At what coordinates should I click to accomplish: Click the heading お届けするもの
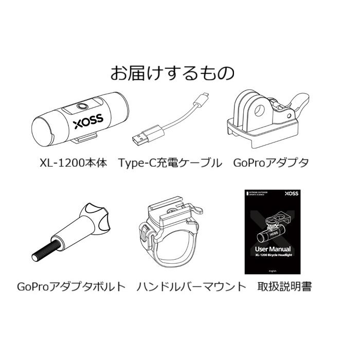coord(172,73)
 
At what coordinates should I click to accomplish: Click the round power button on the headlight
coord(81,107)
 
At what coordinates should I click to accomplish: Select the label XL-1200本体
coord(73,164)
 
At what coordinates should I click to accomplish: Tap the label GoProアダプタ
coord(271,164)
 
